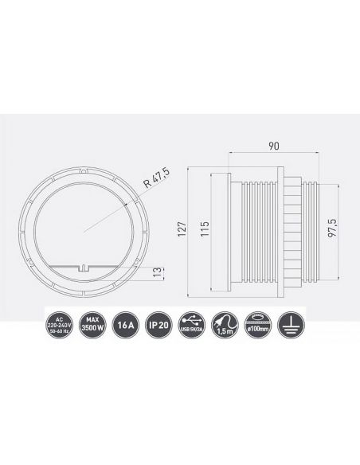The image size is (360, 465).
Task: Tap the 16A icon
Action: pos(124,326)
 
